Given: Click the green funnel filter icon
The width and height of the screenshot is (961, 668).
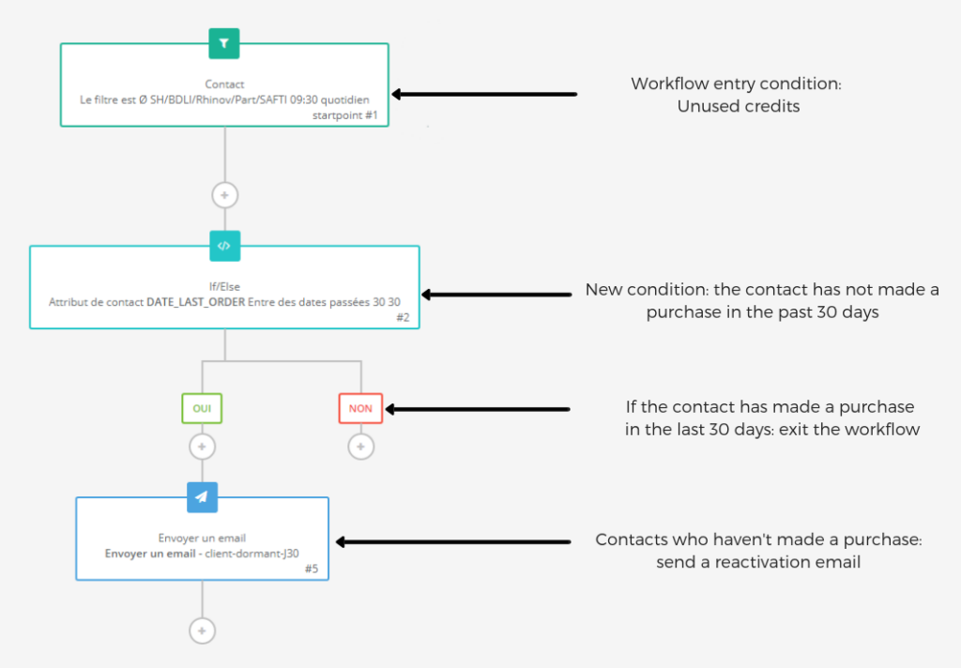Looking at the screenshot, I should click(224, 42).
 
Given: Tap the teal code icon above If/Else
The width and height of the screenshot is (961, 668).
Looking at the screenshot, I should click(224, 246).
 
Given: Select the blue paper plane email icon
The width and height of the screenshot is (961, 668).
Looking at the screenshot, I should click(202, 497).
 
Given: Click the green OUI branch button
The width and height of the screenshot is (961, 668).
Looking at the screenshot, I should click(202, 409).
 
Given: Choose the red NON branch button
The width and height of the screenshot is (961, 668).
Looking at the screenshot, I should click(360, 409).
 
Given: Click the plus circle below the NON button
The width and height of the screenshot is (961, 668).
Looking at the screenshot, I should click(360, 447).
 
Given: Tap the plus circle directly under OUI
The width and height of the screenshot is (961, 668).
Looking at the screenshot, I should click(202, 447).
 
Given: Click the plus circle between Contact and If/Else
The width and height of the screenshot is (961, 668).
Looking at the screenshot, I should click(224, 195).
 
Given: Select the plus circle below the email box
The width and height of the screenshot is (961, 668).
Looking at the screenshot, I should click(202, 630).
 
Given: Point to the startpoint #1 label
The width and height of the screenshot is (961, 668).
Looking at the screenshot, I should click(347, 115).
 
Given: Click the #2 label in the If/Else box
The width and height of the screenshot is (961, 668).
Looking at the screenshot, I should click(402, 318).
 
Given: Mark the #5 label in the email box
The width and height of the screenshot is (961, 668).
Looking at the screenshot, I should click(312, 569).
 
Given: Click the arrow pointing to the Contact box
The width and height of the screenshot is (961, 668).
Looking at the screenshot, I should click(483, 94).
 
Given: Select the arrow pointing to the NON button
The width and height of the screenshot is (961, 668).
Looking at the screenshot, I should click(479, 409).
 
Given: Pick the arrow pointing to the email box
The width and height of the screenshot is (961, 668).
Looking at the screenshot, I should click(453, 541).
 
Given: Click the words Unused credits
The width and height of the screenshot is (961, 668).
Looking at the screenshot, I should click(738, 106).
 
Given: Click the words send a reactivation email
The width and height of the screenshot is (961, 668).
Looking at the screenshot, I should click(758, 562).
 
